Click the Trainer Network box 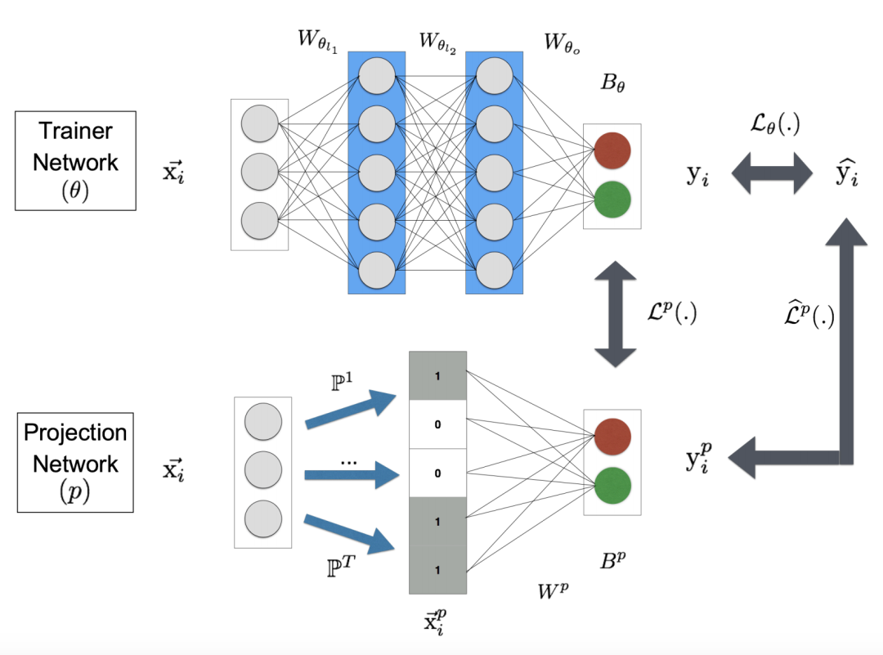pos(75,161)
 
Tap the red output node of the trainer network pos(612,151)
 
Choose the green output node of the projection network pos(612,483)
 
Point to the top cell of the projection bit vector pos(437,375)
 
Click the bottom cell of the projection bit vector pos(437,569)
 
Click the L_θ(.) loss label pos(773,124)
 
